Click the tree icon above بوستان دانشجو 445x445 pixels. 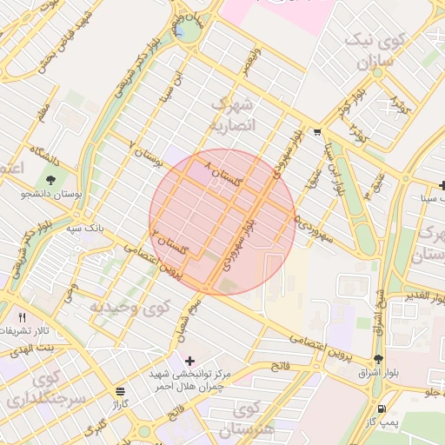tap(52, 180)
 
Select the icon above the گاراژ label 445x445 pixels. tap(119, 391)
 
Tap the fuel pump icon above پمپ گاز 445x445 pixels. tap(381, 408)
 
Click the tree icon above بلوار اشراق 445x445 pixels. tap(377, 359)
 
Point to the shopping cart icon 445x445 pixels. tap(318, 133)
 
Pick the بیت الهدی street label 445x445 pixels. tap(34, 347)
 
